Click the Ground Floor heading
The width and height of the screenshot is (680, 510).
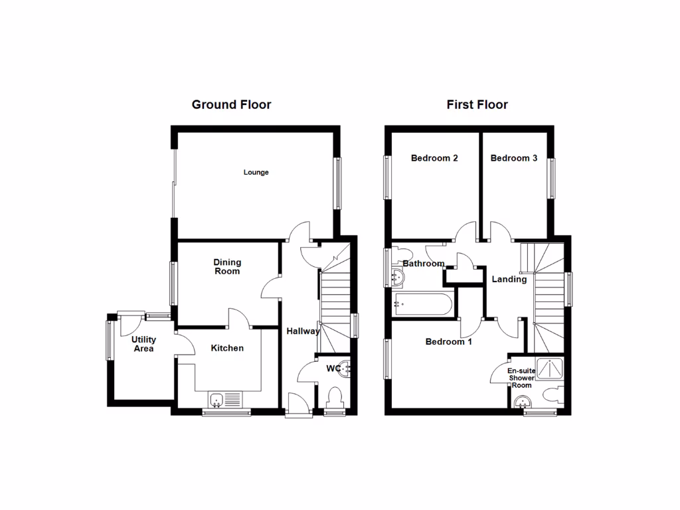pyautogui.click(x=231, y=104)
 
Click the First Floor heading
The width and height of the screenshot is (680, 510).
pyautogui.click(x=477, y=104)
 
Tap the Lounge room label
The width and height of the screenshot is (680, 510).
pyautogui.click(x=256, y=173)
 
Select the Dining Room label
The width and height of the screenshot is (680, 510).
pyautogui.click(x=227, y=266)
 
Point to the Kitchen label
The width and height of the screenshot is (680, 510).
pyautogui.click(x=227, y=348)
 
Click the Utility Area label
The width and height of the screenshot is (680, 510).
pyautogui.click(x=143, y=344)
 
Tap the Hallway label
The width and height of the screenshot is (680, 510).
pyautogui.click(x=303, y=331)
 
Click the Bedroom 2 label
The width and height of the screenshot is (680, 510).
pyautogui.click(x=434, y=158)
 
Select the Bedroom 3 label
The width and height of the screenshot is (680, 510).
pyautogui.click(x=514, y=158)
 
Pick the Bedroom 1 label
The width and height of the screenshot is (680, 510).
pyautogui.click(x=449, y=342)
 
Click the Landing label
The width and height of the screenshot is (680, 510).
pyautogui.click(x=509, y=280)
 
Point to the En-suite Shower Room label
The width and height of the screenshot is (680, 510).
pyautogui.click(x=521, y=378)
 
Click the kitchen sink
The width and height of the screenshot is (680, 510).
pyautogui.click(x=216, y=400)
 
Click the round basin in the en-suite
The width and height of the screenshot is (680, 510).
pyautogui.click(x=523, y=401)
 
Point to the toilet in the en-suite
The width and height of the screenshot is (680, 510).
pyautogui.click(x=552, y=396)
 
